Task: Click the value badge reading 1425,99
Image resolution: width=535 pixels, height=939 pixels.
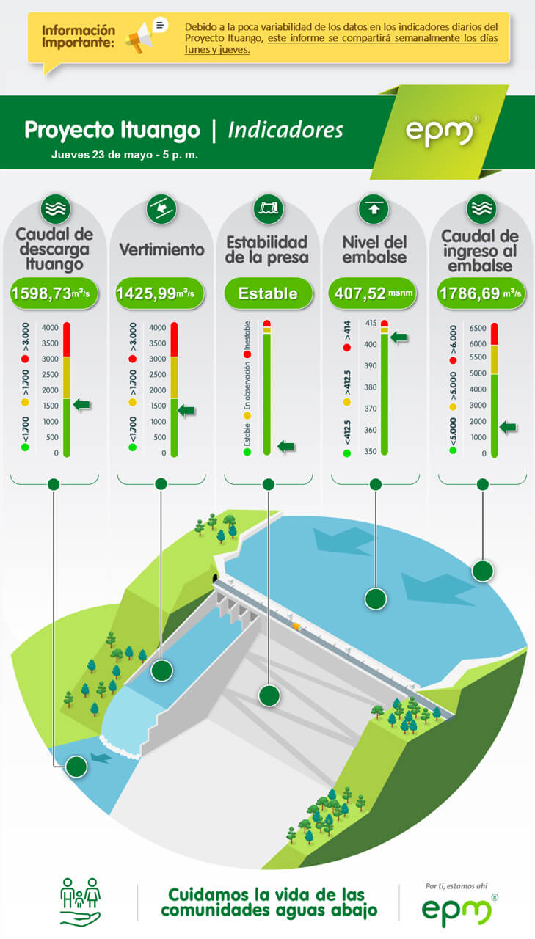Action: click(x=160, y=293)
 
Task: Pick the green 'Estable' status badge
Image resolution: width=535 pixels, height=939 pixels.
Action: click(x=268, y=293)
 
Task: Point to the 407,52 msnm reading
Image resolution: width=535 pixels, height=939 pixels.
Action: click(x=373, y=293)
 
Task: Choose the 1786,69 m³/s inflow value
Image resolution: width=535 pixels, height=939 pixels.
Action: click(x=481, y=293)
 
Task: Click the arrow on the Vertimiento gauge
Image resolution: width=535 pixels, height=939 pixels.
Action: click(x=186, y=410)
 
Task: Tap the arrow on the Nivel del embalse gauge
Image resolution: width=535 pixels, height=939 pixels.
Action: click(x=398, y=337)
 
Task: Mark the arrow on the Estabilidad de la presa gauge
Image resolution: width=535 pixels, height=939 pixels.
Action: click(x=286, y=447)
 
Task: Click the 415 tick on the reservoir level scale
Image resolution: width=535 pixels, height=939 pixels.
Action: click(x=371, y=323)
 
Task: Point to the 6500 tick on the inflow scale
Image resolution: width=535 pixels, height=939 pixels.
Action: click(x=478, y=328)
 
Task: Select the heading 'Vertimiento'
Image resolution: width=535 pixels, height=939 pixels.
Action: click(x=162, y=249)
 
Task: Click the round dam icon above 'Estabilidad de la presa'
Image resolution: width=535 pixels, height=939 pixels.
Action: click(x=269, y=208)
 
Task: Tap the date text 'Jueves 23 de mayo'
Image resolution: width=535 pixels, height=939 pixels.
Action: click(x=102, y=155)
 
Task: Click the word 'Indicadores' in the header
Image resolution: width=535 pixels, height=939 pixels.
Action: click(x=285, y=130)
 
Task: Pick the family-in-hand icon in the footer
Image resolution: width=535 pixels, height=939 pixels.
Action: click(x=81, y=902)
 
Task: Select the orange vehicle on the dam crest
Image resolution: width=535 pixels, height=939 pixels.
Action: click(x=296, y=626)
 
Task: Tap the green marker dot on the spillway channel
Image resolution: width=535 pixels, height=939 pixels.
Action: click(x=162, y=671)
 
